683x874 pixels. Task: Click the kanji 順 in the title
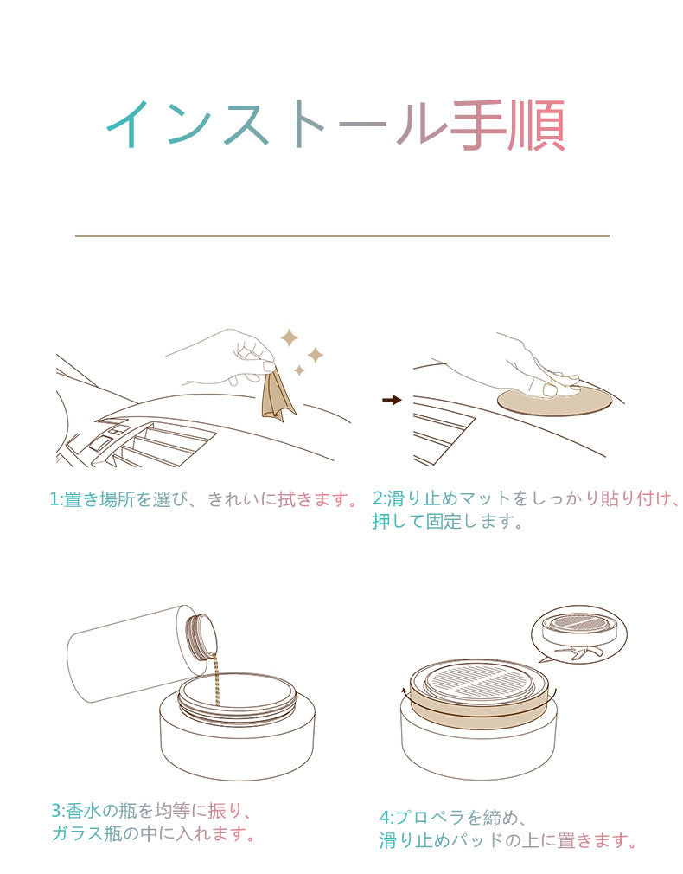pyautogui.click(x=537, y=125)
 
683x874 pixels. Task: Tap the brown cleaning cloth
pyautogui.click(x=277, y=394)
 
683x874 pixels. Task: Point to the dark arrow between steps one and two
pyautogui.click(x=393, y=400)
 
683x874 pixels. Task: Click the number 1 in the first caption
pyautogui.click(x=54, y=499)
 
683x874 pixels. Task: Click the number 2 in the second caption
pyautogui.click(x=378, y=498)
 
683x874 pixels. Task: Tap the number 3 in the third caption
pyautogui.click(x=57, y=811)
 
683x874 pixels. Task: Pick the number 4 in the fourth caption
pyautogui.click(x=385, y=818)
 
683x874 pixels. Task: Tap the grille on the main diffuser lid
pyautogui.click(x=477, y=683)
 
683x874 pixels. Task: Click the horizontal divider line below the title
pyautogui.click(x=342, y=235)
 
